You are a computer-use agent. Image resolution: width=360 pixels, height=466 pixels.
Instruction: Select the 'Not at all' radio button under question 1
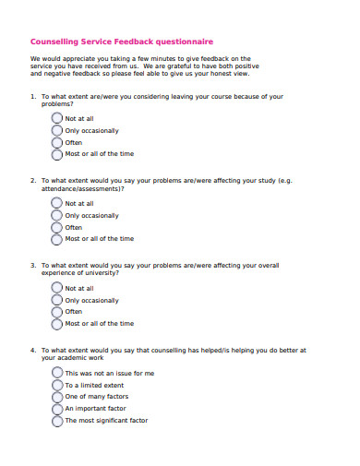(57, 119)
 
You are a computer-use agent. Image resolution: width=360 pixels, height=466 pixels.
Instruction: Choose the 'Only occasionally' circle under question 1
(57, 131)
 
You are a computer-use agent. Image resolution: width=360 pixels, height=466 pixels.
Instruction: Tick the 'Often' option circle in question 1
(57, 143)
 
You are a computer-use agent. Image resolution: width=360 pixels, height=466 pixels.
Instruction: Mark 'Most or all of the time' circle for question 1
(57, 154)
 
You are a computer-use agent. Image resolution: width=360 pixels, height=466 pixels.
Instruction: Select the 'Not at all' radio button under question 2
(57, 204)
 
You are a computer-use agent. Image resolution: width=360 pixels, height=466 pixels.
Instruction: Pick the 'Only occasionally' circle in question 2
(57, 216)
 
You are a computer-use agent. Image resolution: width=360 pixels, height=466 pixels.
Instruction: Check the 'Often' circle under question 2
(57, 227)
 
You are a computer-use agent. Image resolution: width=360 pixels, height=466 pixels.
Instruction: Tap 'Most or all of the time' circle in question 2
(57, 239)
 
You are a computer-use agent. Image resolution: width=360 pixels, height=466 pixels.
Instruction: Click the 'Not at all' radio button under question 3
(57, 289)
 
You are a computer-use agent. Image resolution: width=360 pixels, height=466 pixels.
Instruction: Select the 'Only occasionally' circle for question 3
(57, 301)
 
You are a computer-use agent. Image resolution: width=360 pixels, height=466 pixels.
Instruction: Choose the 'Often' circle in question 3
(57, 312)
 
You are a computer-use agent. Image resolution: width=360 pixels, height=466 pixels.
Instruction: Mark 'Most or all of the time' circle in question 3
(57, 324)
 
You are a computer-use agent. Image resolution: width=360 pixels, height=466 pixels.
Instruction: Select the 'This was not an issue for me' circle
(57, 374)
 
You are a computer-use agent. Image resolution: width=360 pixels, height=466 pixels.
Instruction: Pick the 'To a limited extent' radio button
(57, 385)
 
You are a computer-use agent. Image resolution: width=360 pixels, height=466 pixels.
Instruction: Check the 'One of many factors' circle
(57, 397)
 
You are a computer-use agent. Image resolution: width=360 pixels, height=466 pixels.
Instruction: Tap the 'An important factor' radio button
(57, 408)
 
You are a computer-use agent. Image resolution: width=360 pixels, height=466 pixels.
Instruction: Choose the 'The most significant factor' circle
(57, 420)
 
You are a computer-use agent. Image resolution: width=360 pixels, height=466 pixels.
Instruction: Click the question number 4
(32, 351)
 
